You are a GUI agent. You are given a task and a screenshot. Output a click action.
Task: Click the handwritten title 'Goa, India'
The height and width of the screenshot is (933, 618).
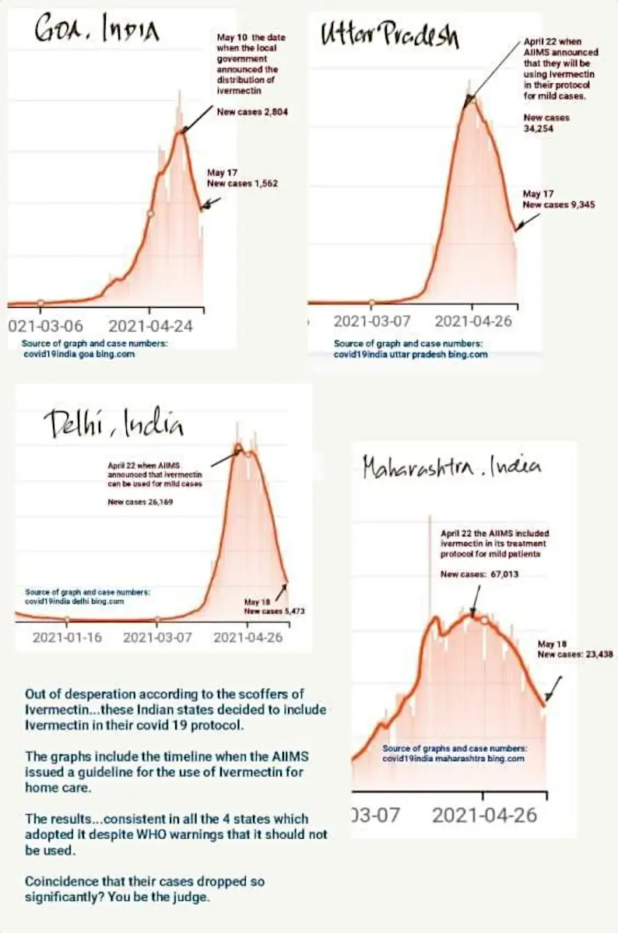[x=97, y=30]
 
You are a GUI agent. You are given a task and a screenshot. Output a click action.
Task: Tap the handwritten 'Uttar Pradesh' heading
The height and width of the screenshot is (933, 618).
[x=390, y=35]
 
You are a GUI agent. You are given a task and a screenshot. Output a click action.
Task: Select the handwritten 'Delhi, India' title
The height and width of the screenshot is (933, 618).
[x=114, y=423]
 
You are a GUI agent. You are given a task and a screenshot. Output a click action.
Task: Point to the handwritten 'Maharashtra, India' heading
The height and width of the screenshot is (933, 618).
[x=452, y=466]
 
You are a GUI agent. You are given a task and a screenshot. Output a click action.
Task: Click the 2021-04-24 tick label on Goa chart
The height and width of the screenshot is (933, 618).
[x=150, y=326]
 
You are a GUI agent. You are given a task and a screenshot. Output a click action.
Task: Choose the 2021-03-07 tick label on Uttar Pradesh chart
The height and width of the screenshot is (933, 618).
[x=372, y=322]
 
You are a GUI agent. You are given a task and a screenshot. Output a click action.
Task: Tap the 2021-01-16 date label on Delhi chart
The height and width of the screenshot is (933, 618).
[x=67, y=638]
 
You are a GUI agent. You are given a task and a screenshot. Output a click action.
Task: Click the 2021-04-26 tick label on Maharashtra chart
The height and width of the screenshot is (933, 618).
[x=485, y=815]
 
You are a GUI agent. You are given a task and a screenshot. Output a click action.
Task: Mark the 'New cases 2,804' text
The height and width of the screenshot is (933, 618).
[x=252, y=112]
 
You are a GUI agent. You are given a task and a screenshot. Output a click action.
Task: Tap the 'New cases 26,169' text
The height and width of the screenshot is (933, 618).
[x=140, y=502]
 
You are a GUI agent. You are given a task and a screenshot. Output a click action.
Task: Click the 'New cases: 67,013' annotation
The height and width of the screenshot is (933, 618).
[x=479, y=575]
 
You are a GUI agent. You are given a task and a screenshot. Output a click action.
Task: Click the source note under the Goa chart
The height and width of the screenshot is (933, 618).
[x=94, y=349]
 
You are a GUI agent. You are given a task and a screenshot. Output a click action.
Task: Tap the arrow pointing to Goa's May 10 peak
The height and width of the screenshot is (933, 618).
[x=197, y=119]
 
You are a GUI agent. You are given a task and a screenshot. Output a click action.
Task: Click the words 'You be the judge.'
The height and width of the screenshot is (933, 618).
[x=159, y=896]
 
